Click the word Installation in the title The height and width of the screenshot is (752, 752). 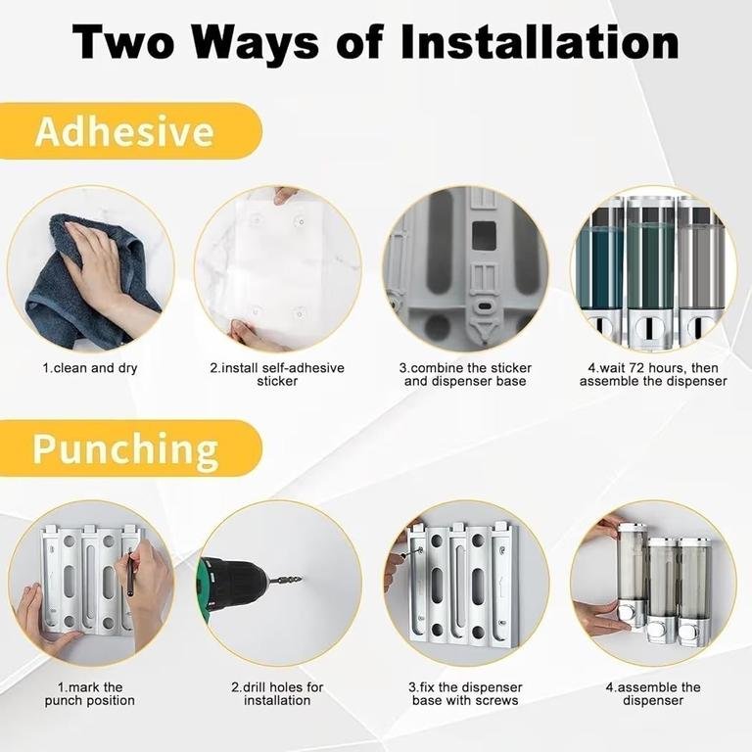pos(540,42)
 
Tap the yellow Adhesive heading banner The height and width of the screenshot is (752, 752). pos(130,131)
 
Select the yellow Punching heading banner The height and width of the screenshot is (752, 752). pos(130,448)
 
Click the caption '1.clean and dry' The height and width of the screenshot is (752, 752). pos(90,368)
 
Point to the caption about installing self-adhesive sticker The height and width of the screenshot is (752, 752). pos(277,375)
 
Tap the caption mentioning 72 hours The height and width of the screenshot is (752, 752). pos(653,375)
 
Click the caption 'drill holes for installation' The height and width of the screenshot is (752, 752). pos(277,693)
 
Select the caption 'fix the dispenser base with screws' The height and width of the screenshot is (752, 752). pos(465,693)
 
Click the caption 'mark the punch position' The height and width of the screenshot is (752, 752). pos(90,693)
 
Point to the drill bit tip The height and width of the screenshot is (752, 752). pos(301,579)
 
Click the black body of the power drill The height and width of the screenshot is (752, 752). pos(235,584)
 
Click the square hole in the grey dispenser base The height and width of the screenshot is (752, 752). pos(484,235)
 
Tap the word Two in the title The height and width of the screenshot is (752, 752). pos(123,42)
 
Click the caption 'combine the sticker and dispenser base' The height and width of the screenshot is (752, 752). pos(465,375)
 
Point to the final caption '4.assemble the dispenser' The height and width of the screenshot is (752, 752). pos(653,693)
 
